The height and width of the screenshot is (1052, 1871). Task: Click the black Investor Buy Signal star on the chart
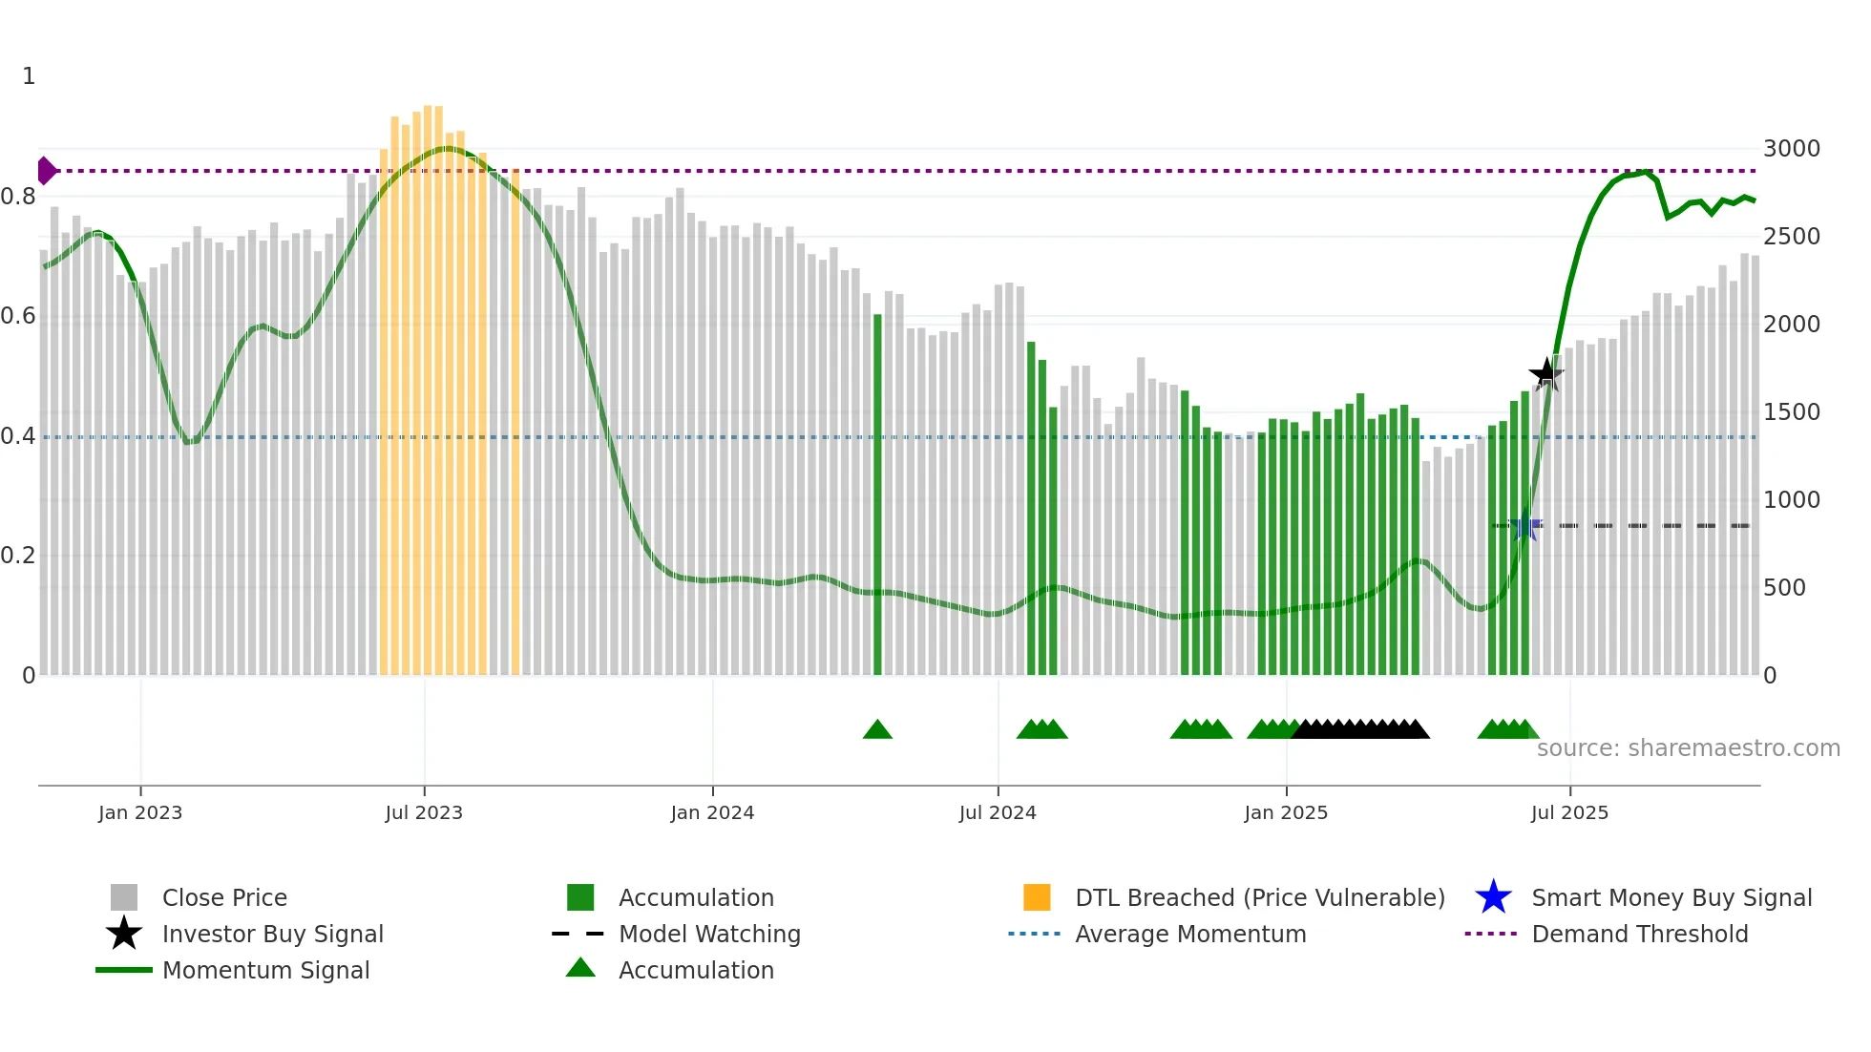pos(1545,373)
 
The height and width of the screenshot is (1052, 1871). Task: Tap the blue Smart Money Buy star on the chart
pos(1524,526)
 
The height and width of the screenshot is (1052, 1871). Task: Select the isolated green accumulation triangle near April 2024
pos(877,730)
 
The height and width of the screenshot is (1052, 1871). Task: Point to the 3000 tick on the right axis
pos(1791,149)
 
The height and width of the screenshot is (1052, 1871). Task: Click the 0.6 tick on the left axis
pos(19,316)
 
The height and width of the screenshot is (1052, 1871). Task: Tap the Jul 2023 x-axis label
pos(424,812)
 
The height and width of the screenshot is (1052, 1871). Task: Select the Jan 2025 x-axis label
pos(1286,812)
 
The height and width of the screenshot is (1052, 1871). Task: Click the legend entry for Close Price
pos(224,897)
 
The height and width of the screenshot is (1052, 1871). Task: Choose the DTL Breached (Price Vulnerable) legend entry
pos(1259,897)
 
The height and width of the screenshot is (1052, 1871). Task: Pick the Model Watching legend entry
pos(709,934)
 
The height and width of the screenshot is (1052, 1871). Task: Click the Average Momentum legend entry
pos(1190,934)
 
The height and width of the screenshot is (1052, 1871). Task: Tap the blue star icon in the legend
pos(1493,897)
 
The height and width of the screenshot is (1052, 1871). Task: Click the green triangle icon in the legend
pos(580,969)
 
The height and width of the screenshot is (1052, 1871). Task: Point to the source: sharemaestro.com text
pos(1688,748)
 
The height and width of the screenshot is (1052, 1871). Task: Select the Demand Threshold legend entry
pos(1639,934)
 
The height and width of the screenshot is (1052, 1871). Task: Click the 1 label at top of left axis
pos(29,76)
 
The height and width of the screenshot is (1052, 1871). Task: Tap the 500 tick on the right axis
pos(1784,588)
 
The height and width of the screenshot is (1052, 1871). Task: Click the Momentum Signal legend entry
pos(265,970)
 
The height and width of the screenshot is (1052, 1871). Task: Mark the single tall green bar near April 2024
pos(877,496)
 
